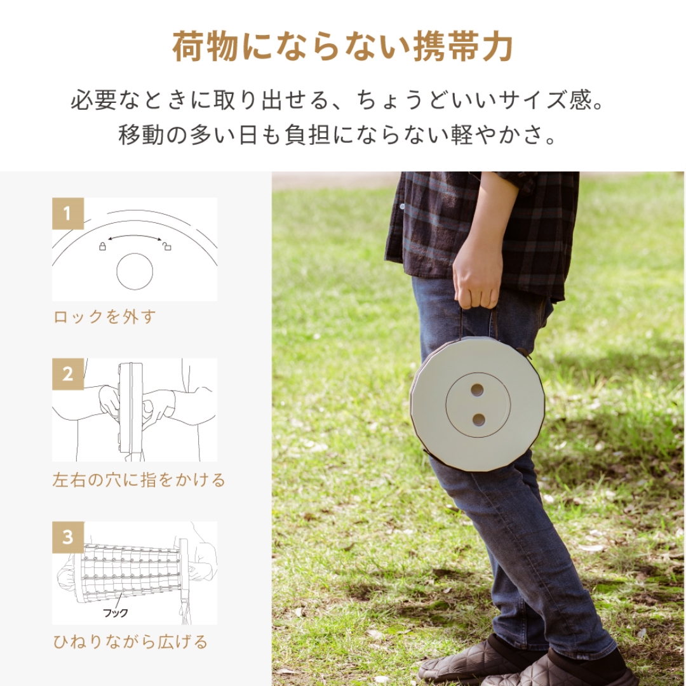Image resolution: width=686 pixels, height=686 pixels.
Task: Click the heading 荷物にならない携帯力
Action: [x=342, y=48]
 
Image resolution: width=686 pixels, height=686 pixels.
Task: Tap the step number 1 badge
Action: [x=68, y=213]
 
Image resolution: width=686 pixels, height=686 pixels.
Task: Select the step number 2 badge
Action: [x=68, y=374]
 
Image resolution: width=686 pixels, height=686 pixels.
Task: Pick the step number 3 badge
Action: [x=68, y=537]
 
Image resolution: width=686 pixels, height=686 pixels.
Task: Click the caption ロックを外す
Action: [x=105, y=317]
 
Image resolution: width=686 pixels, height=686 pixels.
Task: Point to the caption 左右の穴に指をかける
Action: [x=138, y=480]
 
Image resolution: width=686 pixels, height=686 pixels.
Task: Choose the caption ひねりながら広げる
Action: [x=130, y=642]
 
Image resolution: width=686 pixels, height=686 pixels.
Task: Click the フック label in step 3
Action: [x=116, y=613]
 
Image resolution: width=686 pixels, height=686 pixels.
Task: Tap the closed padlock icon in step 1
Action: [x=102, y=246]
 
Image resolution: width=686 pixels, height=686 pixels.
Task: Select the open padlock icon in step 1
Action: [x=167, y=246]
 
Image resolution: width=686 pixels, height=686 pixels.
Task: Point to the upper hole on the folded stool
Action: [x=477, y=390]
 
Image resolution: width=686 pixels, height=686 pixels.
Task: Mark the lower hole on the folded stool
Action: [x=479, y=419]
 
